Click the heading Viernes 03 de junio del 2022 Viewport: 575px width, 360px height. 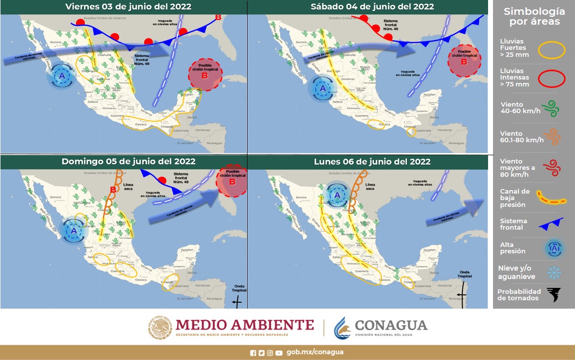click(128, 7)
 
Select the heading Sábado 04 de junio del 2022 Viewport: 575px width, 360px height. click(372, 7)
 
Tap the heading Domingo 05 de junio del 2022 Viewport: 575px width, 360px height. click(128, 161)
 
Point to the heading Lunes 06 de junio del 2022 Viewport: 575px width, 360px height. click(372, 161)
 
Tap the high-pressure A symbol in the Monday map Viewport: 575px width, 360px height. click(337, 195)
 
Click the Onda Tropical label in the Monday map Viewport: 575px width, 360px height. click(465, 275)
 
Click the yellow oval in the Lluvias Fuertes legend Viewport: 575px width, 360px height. click(551, 50)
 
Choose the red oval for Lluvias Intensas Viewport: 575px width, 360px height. click(551, 79)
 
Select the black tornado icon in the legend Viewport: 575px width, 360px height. click(554, 295)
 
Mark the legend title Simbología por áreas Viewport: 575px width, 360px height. click(534, 16)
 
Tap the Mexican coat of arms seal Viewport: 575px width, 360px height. click(160, 328)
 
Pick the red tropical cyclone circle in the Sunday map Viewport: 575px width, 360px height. click(231, 181)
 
